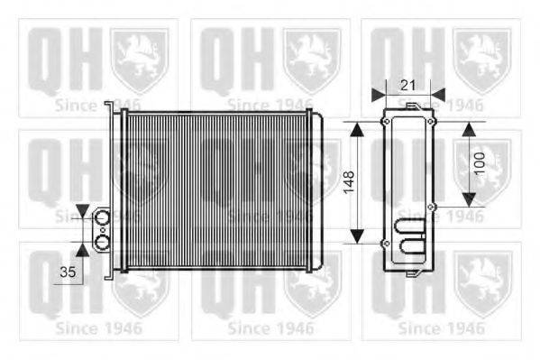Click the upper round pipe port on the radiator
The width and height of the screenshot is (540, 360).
click(x=102, y=217)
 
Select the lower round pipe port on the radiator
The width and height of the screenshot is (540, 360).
click(x=102, y=242)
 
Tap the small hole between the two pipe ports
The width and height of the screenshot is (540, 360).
click(x=102, y=229)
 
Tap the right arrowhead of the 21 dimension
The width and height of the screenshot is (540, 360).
click(x=437, y=92)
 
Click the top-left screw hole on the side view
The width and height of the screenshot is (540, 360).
click(x=386, y=121)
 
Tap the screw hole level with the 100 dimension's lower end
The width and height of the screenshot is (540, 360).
click(x=431, y=207)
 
